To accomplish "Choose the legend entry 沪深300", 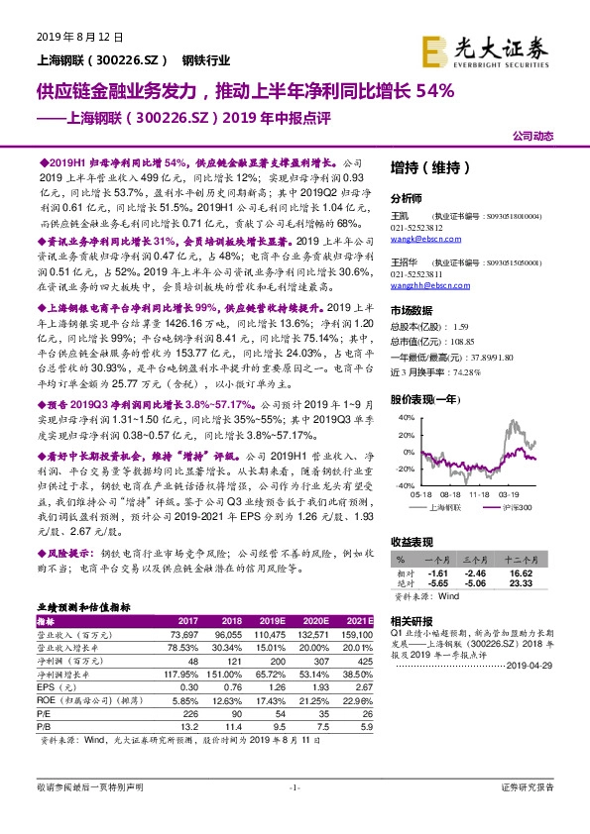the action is pyautogui.click(x=517, y=506).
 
